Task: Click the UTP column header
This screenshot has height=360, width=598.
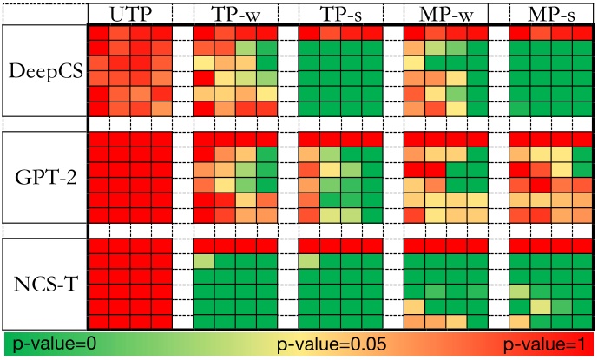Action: coord(129,15)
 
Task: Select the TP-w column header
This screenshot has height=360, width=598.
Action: coord(234,15)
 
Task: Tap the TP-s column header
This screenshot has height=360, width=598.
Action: coord(339,15)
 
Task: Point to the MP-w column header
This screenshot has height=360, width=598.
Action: coord(445,15)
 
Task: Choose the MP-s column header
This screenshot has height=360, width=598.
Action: coord(550,15)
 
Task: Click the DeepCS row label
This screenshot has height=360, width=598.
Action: coord(44,71)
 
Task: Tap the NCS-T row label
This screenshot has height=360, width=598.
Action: coord(44,282)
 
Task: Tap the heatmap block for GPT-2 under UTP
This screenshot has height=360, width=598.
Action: coord(129,177)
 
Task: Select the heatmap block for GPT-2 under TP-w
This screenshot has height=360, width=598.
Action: coord(234,177)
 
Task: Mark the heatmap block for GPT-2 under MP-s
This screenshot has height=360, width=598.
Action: coord(550,177)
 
